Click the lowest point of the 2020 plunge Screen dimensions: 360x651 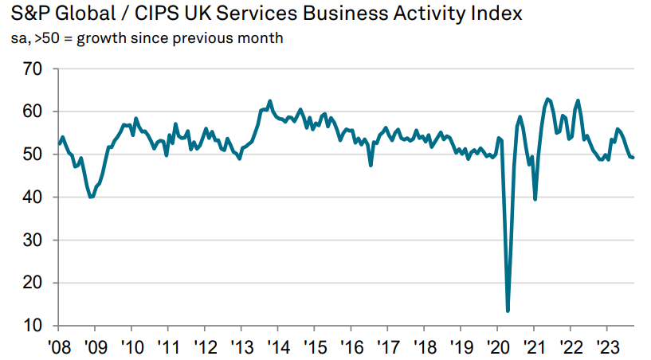click(x=508, y=311)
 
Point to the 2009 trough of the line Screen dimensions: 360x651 click(x=91, y=197)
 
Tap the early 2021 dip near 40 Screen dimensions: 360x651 click(x=535, y=198)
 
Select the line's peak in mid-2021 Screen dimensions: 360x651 click(x=547, y=99)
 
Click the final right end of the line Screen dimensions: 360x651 click(x=633, y=157)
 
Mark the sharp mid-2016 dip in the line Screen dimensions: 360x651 click(x=371, y=165)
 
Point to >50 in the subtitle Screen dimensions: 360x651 click(x=46, y=38)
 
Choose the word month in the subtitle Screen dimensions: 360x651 click(x=261, y=38)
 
